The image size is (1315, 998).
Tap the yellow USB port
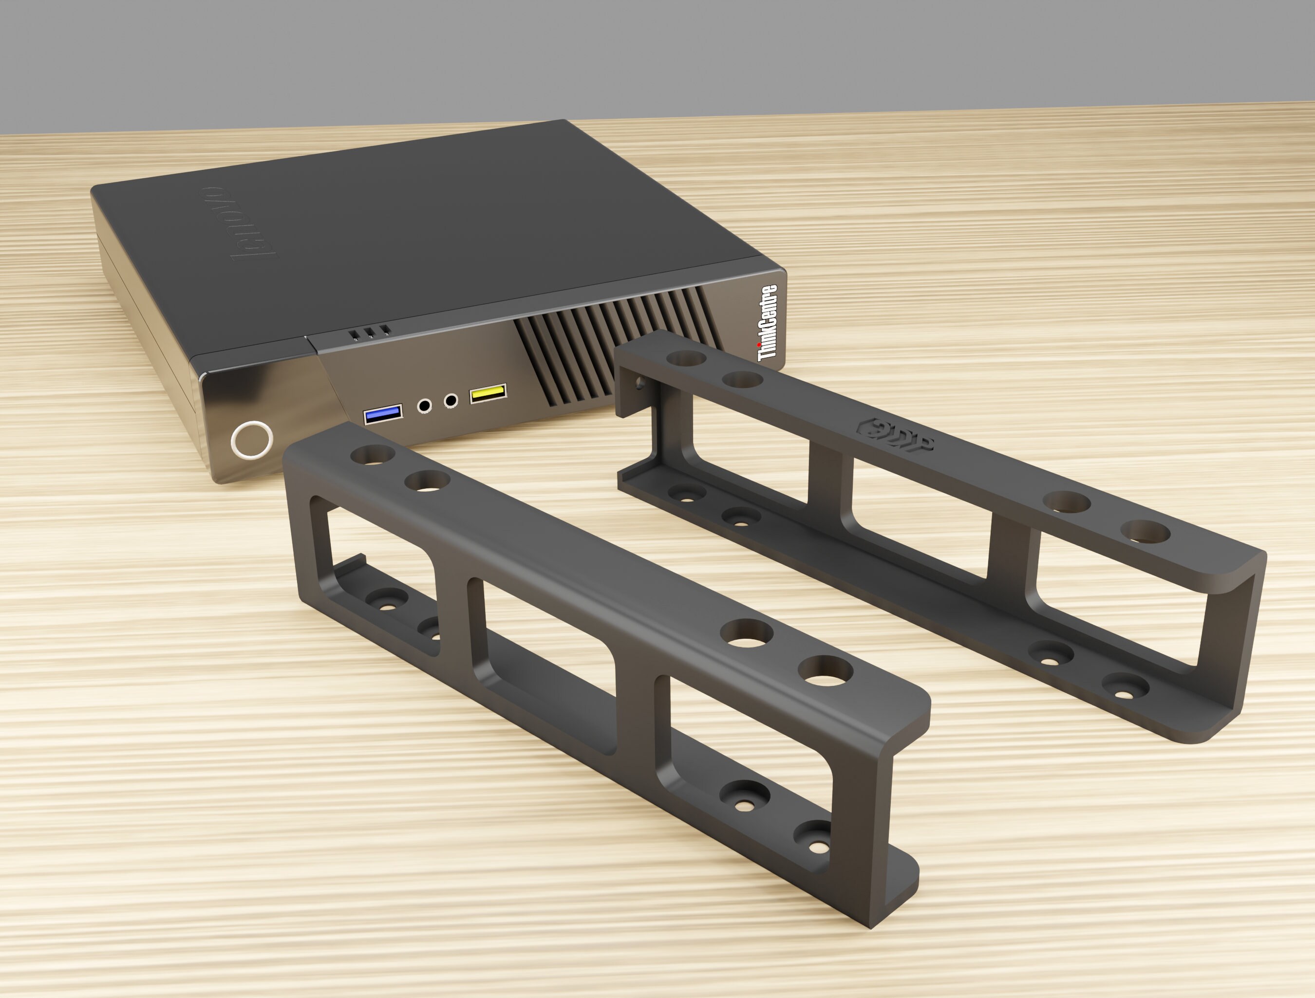click(x=488, y=393)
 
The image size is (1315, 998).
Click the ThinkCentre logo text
click(x=768, y=322)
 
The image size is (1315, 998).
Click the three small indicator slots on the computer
click(x=369, y=333)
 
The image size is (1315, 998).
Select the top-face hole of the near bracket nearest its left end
click(x=372, y=456)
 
